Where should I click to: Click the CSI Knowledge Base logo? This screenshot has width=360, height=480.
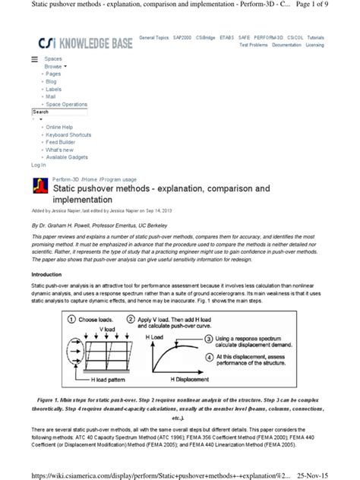(79, 43)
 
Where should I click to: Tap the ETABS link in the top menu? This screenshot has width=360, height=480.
(227, 37)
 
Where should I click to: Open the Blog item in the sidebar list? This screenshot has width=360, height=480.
(51, 81)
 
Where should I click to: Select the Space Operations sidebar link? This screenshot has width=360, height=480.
(66, 104)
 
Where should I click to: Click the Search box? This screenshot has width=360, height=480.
(61, 112)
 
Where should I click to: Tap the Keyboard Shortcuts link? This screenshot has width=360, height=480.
(71, 134)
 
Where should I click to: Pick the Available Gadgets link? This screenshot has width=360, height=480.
(68, 157)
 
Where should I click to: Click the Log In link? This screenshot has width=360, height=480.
(38, 165)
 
